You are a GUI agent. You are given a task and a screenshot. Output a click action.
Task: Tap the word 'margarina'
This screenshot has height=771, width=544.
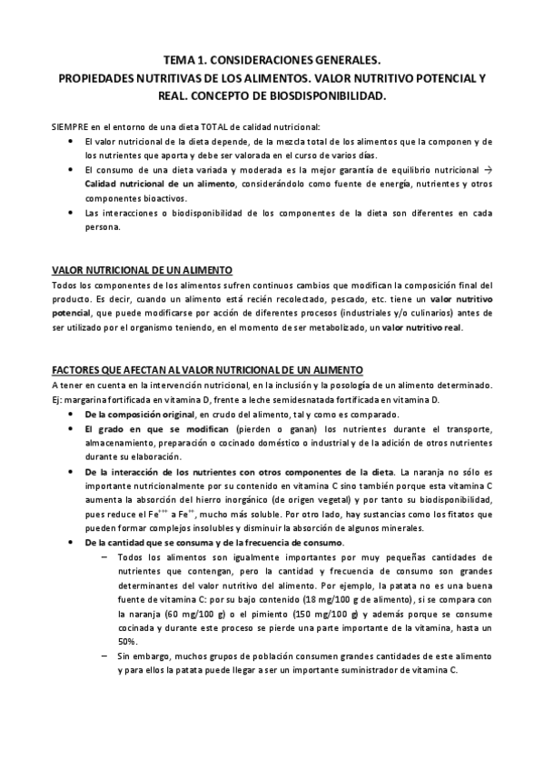coord(86,399)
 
